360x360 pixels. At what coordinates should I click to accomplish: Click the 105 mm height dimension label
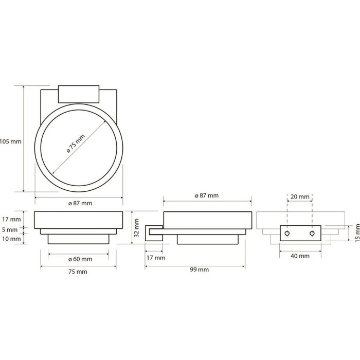(11, 141)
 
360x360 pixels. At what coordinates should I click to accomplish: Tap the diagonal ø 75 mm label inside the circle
(76, 144)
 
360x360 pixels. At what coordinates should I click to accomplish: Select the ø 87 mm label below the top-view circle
(80, 204)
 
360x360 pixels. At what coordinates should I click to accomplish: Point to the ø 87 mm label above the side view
(207, 195)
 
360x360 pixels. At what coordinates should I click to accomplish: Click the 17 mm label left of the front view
(11, 220)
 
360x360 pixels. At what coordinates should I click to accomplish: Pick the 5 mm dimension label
(10, 230)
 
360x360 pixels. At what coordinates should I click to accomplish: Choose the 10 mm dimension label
(11, 239)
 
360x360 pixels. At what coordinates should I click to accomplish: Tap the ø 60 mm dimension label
(80, 259)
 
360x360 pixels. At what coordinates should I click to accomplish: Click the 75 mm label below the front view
(78, 272)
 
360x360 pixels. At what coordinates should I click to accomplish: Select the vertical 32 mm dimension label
(136, 228)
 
